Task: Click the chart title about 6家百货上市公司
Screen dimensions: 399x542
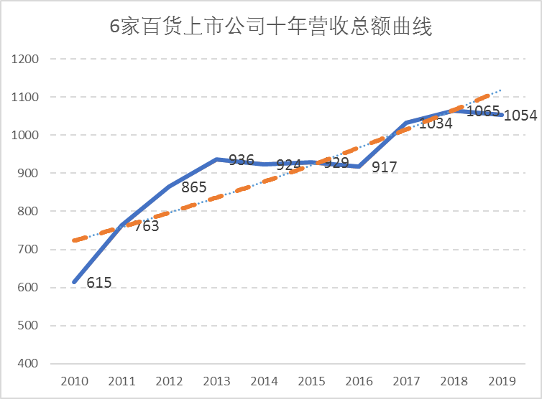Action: [x=270, y=28]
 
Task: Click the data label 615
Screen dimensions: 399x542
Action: [x=99, y=283]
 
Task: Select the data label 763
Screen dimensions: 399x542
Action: [x=146, y=226]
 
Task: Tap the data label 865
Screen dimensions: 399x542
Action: [x=193, y=189]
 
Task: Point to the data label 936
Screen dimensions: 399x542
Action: [x=241, y=159]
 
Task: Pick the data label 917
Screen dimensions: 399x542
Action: [x=385, y=168]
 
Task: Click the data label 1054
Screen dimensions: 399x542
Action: [x=520, y=116]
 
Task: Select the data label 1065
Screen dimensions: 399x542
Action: [x=483, y=111]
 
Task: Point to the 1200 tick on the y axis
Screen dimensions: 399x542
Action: [x=25, y=59]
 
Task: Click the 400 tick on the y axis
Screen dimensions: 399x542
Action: [x=28, y=364]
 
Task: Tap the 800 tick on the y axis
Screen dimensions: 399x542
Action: [x=28, y=212]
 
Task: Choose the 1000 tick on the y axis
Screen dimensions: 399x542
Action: [x=25, y=136]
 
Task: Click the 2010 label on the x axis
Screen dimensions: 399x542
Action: [x=74, y=381]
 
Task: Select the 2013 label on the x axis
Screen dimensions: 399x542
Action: [x=216, y=381]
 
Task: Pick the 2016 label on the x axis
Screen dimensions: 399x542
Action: [x=359, y=381]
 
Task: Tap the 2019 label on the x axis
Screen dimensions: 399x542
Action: [x=501, y=381]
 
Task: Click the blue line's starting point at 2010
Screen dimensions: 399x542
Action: [x=74, y=282]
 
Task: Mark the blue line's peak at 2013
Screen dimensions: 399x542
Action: [x=216, y=159]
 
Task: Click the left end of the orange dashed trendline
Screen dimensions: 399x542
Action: [x=74, y=240]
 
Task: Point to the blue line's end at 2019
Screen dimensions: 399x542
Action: [x=501, y=115]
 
